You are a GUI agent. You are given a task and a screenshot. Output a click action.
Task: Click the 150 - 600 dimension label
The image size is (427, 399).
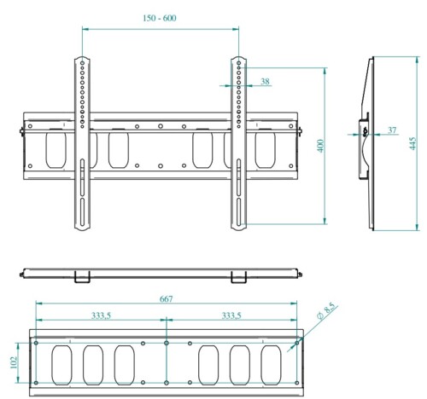click(x=160, y=18)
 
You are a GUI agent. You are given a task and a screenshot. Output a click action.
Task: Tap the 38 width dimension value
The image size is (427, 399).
click(x=265, y=81)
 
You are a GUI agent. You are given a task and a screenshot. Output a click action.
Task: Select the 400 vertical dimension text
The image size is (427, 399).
click(x=321, y=146)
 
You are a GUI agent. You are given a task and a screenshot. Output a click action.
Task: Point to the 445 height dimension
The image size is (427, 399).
click(x=412, y=143)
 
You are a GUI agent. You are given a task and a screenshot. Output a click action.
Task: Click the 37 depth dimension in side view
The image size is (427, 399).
click(x=392, y=130)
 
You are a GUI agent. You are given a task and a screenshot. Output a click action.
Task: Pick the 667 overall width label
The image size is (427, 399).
click(x=166, y=299)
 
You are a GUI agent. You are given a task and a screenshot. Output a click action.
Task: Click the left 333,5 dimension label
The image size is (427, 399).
click(x=101, y=315)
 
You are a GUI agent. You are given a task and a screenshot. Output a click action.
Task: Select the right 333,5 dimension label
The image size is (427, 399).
click(x=231, y=315)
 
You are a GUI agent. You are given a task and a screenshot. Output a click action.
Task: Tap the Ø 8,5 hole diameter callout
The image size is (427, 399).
click(x=326, y=311)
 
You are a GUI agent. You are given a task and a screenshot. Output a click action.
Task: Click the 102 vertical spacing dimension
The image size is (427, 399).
click(x=14, y=362)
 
